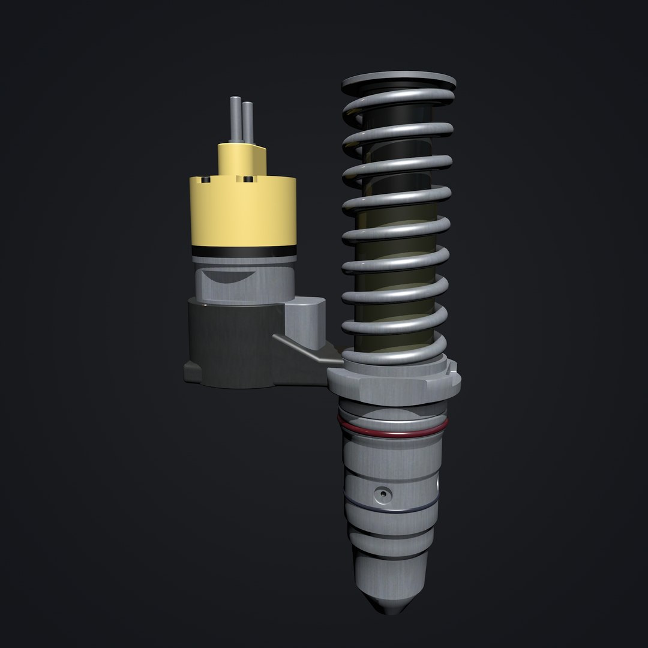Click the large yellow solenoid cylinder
[x=243, y=213]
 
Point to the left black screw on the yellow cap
[x=206, y=179]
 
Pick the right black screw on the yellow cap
[x=247, y=179]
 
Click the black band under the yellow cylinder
[x=243, y=251]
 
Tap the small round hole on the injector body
[x=382, y=494]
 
